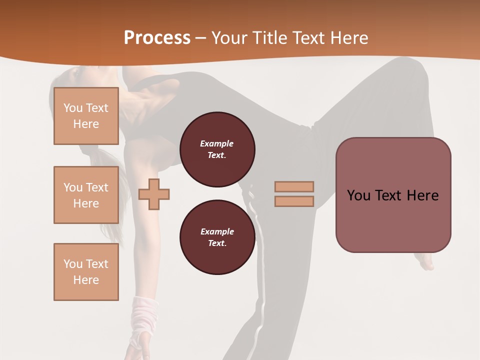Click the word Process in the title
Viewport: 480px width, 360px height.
pos(157,38)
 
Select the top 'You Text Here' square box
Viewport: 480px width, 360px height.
pos(86,116)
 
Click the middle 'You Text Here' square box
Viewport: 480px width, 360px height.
pos(86,195)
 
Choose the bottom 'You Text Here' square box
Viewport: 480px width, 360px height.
pos(86,272)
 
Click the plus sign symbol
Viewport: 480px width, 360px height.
pos(154,194)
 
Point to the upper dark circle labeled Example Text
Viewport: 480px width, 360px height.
pos(217,149)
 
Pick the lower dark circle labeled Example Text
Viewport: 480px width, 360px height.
pos(217,237)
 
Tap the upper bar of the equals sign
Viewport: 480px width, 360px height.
pos(294,186)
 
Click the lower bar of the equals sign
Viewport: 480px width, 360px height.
pos(294,201)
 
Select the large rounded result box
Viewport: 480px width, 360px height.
pos(393,195)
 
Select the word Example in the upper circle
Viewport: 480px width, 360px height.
pos(217,143)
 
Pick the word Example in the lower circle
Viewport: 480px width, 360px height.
pos(217,231)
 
